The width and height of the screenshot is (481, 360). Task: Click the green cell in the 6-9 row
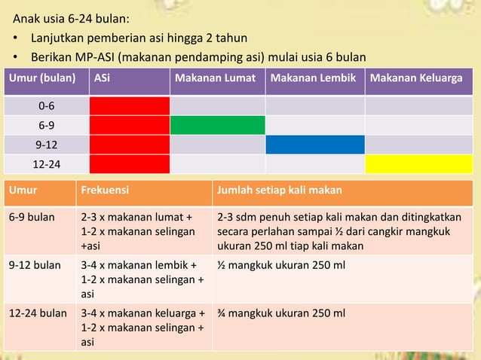tap(217, 125)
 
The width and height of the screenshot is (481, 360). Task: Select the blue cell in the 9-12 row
tap(314, 144)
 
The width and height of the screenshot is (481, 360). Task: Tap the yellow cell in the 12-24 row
tap(419, 163)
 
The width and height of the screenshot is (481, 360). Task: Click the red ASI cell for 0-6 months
tap(130, 106)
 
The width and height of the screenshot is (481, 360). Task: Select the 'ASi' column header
tap(102, 78)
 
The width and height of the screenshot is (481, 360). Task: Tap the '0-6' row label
tap(46, 106)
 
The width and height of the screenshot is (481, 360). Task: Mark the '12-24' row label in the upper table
tap(46, 163)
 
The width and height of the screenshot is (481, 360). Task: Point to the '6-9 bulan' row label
tap(32, 218)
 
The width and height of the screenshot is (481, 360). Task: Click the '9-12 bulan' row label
tap(34, 265)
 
